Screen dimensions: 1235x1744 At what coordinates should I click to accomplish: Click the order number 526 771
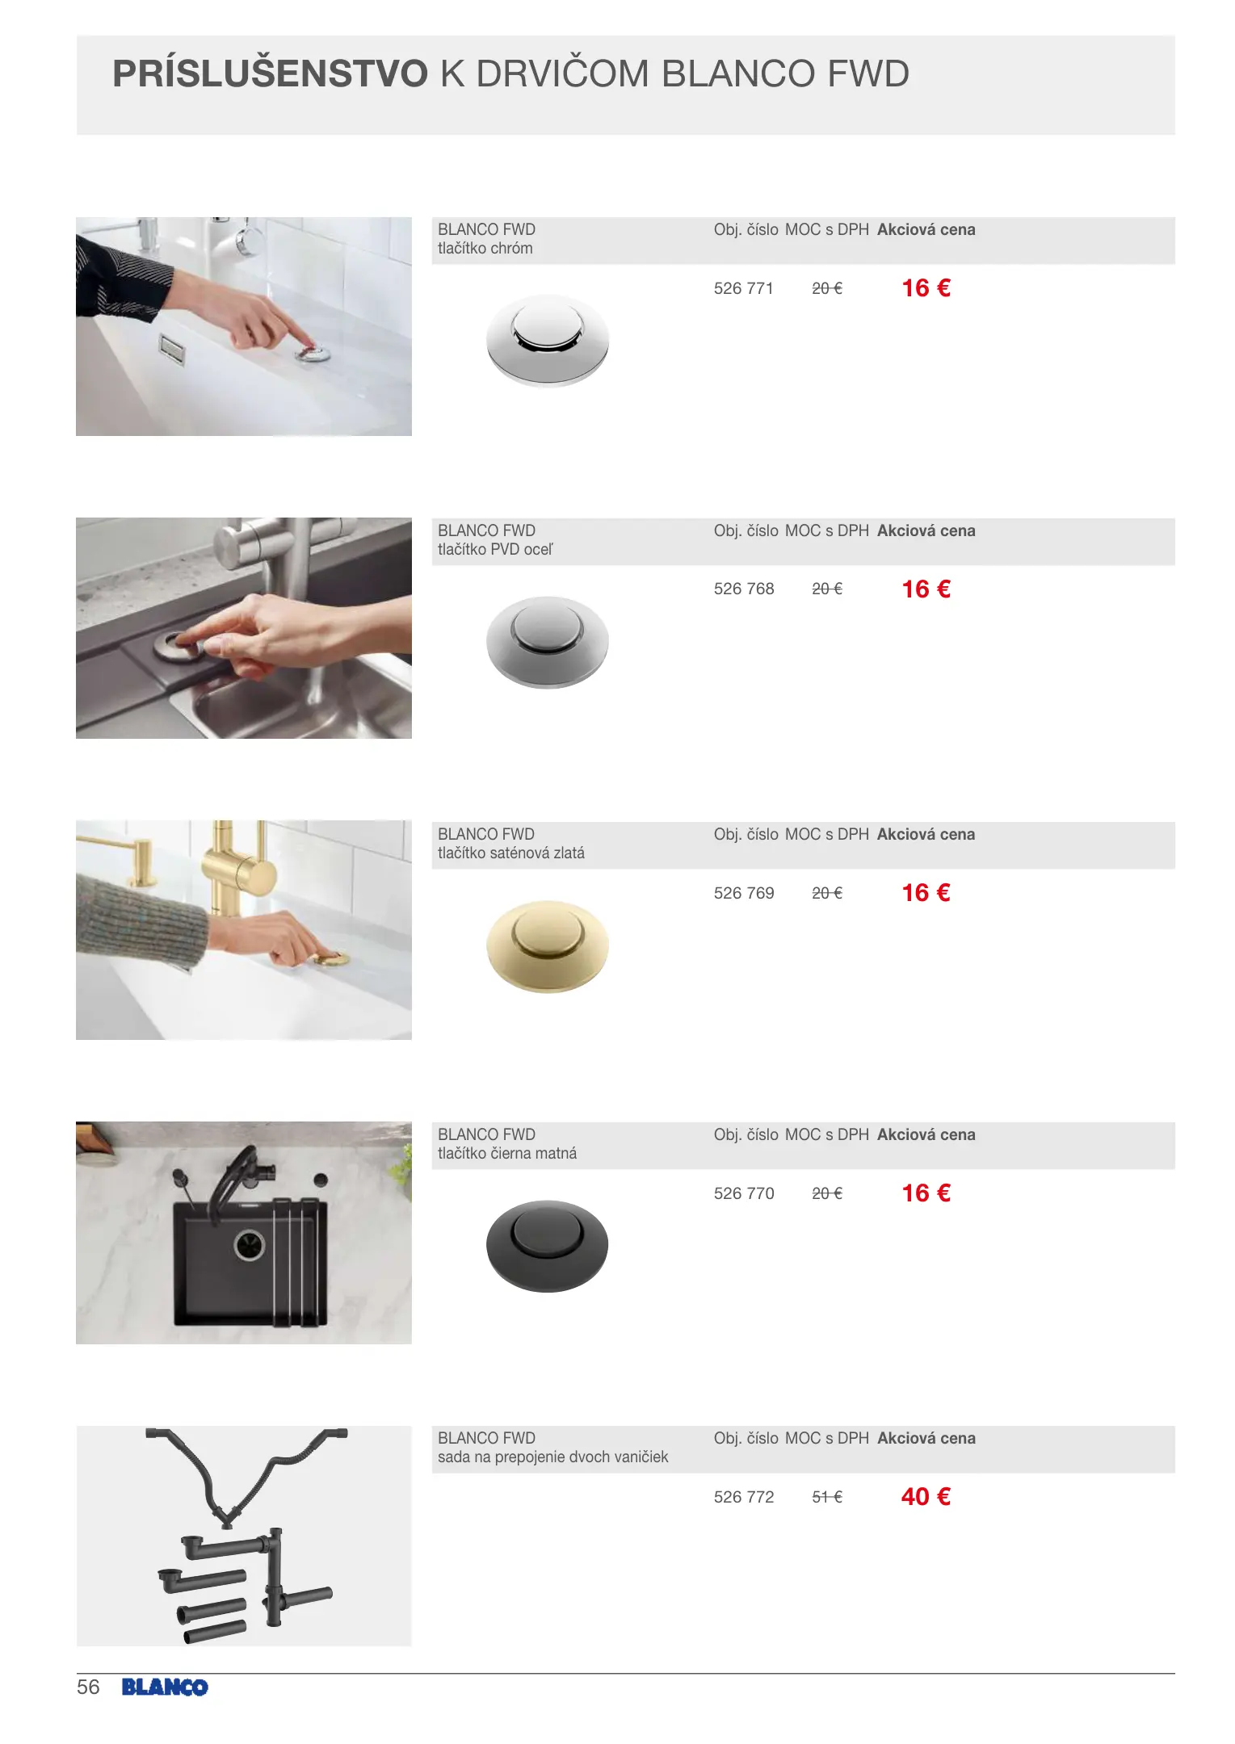(x=743, y=288)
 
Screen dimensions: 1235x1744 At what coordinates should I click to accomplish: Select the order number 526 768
(x=743, y=589)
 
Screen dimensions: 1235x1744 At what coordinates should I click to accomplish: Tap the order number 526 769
(x=743, y=893)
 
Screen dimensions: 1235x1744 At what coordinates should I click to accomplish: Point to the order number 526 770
(x=743, y=1193)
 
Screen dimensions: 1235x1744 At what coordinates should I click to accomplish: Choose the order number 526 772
(x=743, y=1497)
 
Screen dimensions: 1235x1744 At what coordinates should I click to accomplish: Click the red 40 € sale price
(x=926, y=1496)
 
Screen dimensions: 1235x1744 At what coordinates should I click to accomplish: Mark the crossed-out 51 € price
(x=827, y=1497)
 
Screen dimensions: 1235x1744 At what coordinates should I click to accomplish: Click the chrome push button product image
(x=548, y=340)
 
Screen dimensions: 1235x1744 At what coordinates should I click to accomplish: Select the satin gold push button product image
(x=548, y=946)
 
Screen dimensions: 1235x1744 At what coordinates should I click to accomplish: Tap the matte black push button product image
(x=548, y=1246)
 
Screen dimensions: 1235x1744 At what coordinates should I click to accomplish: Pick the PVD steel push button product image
(x=548, y=643)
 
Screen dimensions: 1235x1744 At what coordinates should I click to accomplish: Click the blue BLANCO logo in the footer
(x=165, y=1687)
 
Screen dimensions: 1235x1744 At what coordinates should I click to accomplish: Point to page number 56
(x=88, y=1687)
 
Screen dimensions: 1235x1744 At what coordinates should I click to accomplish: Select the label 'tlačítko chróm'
(x=485, y=249)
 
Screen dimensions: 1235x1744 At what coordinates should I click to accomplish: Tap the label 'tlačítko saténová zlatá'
(x=510, y=853)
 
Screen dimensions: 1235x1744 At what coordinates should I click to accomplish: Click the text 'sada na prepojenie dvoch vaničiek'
(x=552, y=1457)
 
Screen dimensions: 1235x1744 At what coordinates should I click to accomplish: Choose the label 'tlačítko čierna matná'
(x=506, y=1153)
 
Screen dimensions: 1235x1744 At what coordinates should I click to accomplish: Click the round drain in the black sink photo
(x=250, y=1245)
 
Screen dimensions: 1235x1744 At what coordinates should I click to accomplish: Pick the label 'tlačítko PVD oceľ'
(x=495, y=549)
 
